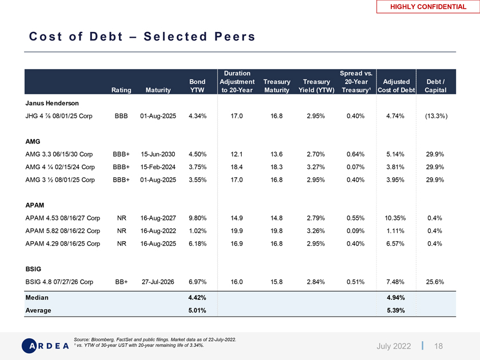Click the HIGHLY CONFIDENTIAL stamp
428,6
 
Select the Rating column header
121,90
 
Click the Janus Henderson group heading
52,103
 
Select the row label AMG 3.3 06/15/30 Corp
59,154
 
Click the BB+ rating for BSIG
121,281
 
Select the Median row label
37,297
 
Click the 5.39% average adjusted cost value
396,310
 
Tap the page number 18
439,346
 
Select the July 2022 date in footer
394,346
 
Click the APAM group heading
35,205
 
